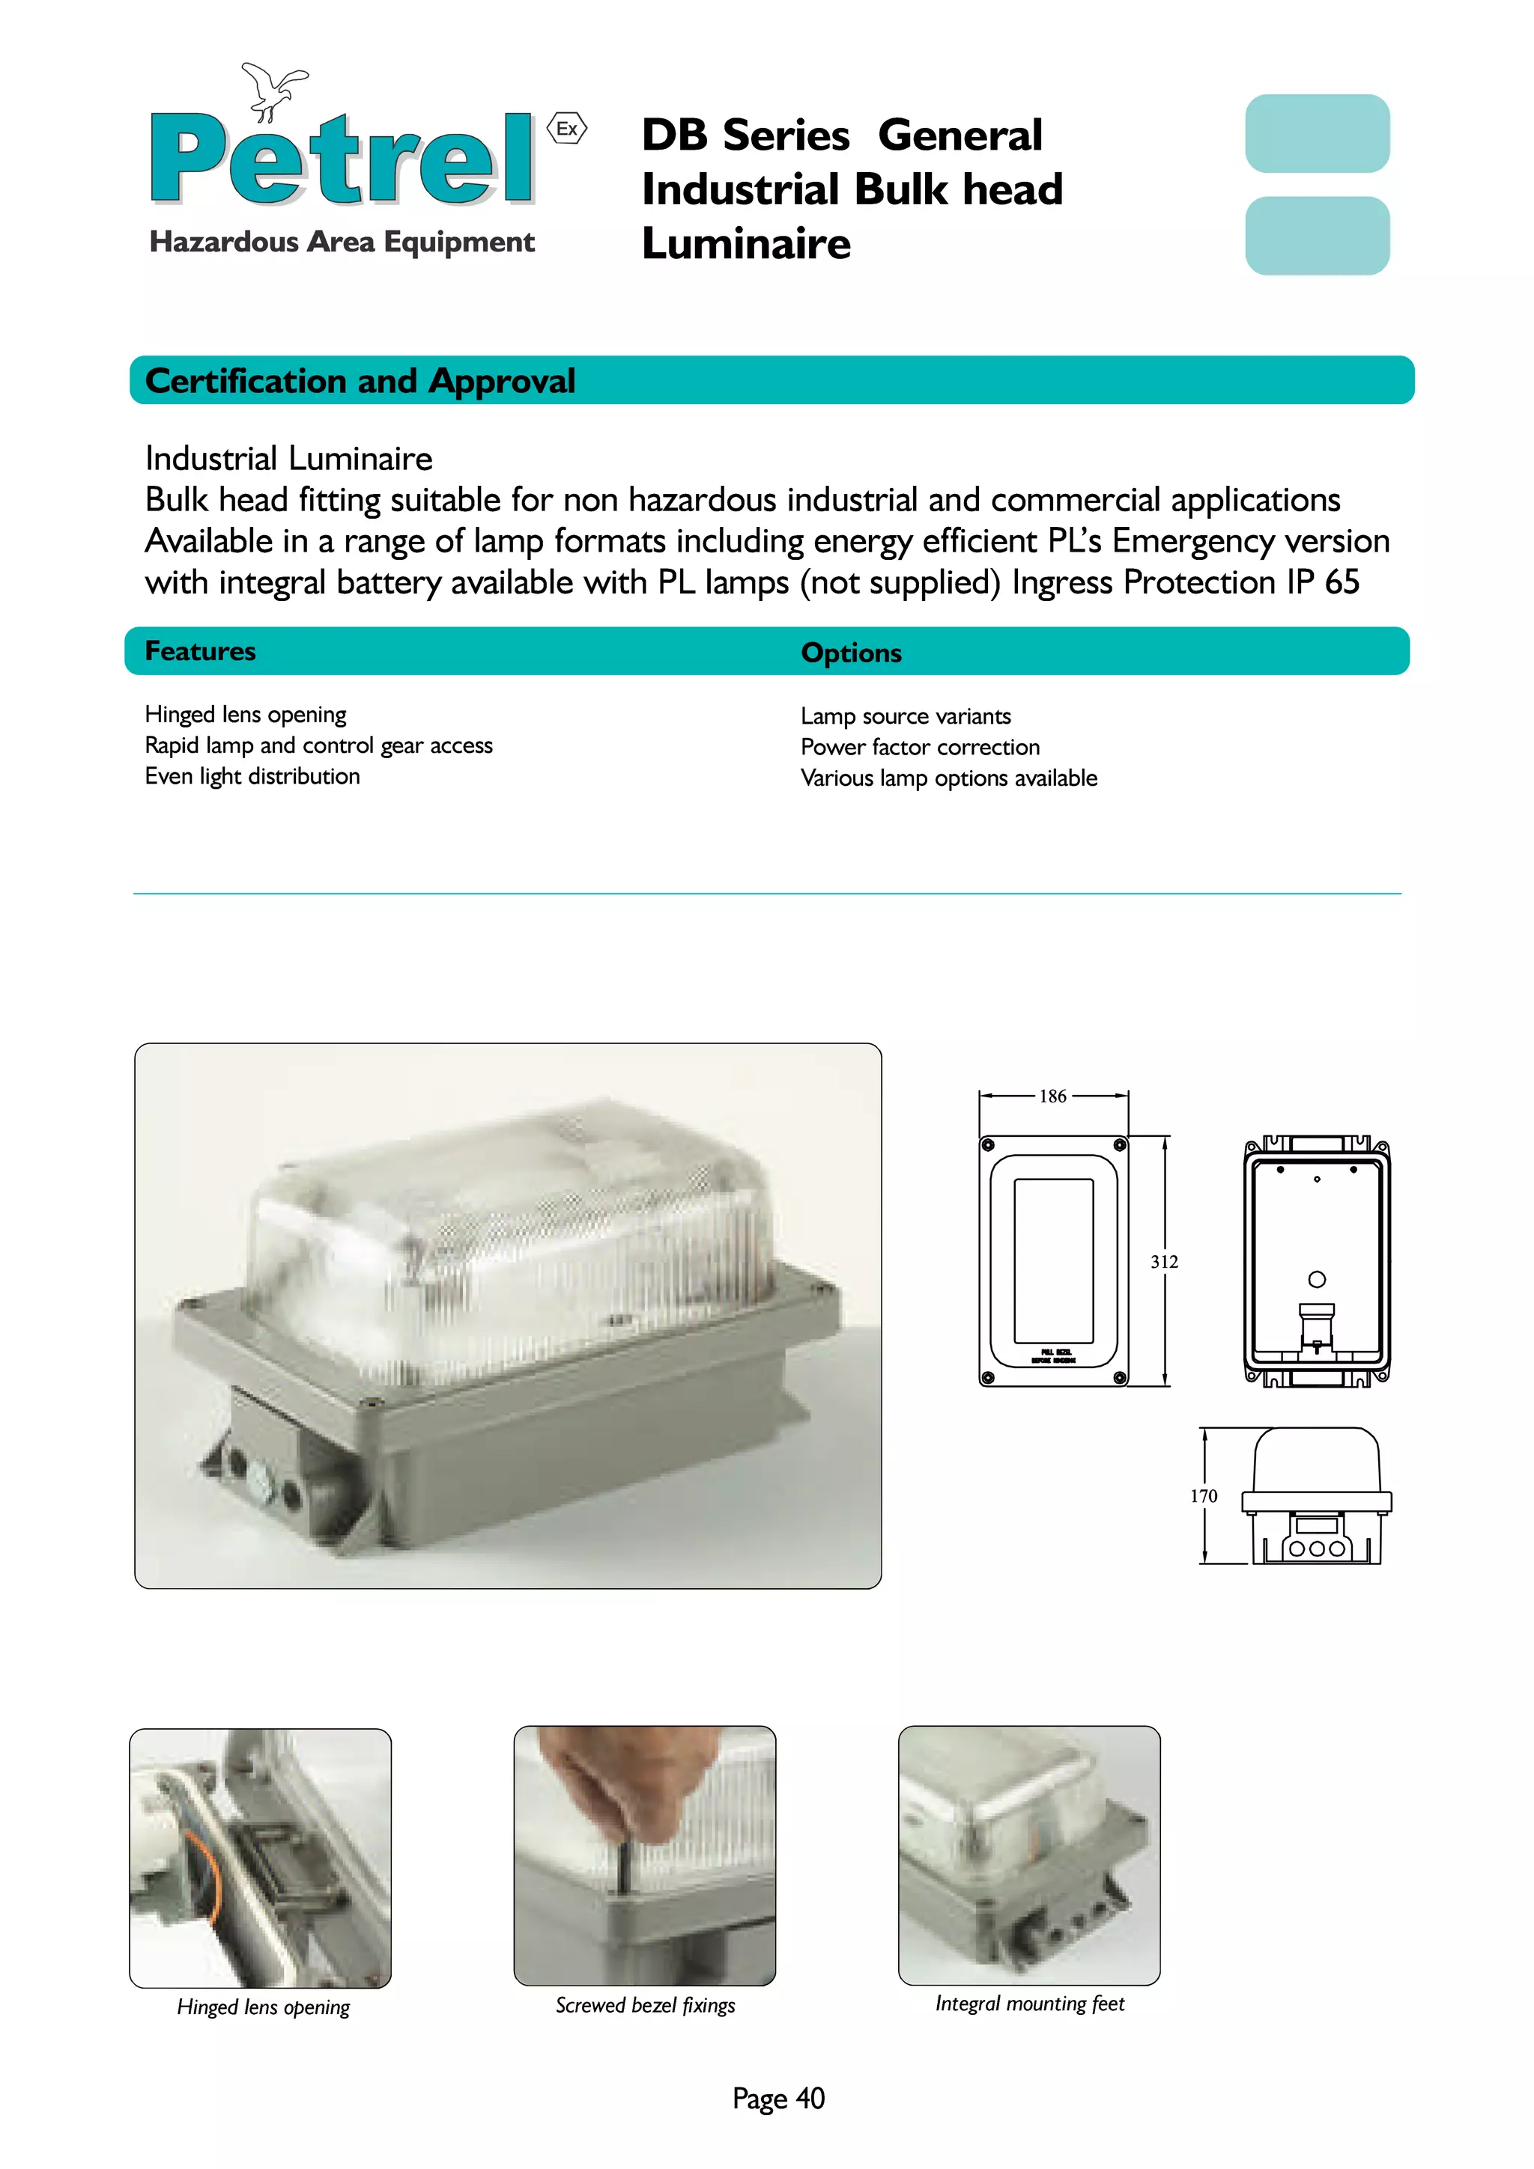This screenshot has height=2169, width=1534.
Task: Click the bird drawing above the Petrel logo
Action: tap(273, 90)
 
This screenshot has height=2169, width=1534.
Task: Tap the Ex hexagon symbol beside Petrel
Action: tap(567, 129)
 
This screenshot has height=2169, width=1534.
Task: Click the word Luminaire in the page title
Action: tap(746, 244)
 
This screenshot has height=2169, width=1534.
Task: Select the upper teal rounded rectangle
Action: tap(1317, 133)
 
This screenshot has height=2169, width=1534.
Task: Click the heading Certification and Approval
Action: tap(360, 381)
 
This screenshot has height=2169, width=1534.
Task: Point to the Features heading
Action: tap(201, 651)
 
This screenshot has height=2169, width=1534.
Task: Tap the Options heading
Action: tap(851, 653)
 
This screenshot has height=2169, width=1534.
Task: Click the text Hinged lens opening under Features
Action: tap(246, 714)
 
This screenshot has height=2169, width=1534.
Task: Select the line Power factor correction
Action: tap(920, 747)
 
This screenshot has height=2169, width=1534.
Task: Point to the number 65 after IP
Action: tap(1342, 582)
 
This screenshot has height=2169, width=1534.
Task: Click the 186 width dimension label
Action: tap(1052, 1096)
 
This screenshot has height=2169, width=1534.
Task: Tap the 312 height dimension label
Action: tap(1163, 1261)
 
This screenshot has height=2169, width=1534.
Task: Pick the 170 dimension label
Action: tap(1203, 1495)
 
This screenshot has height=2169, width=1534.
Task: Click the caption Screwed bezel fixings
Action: tap(645, 2004)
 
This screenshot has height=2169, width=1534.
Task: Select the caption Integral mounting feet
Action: tap(1029, 2003)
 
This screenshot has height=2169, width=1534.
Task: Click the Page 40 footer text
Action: tap(778, 2098)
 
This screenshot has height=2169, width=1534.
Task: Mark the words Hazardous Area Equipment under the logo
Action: tap(342, 242)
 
